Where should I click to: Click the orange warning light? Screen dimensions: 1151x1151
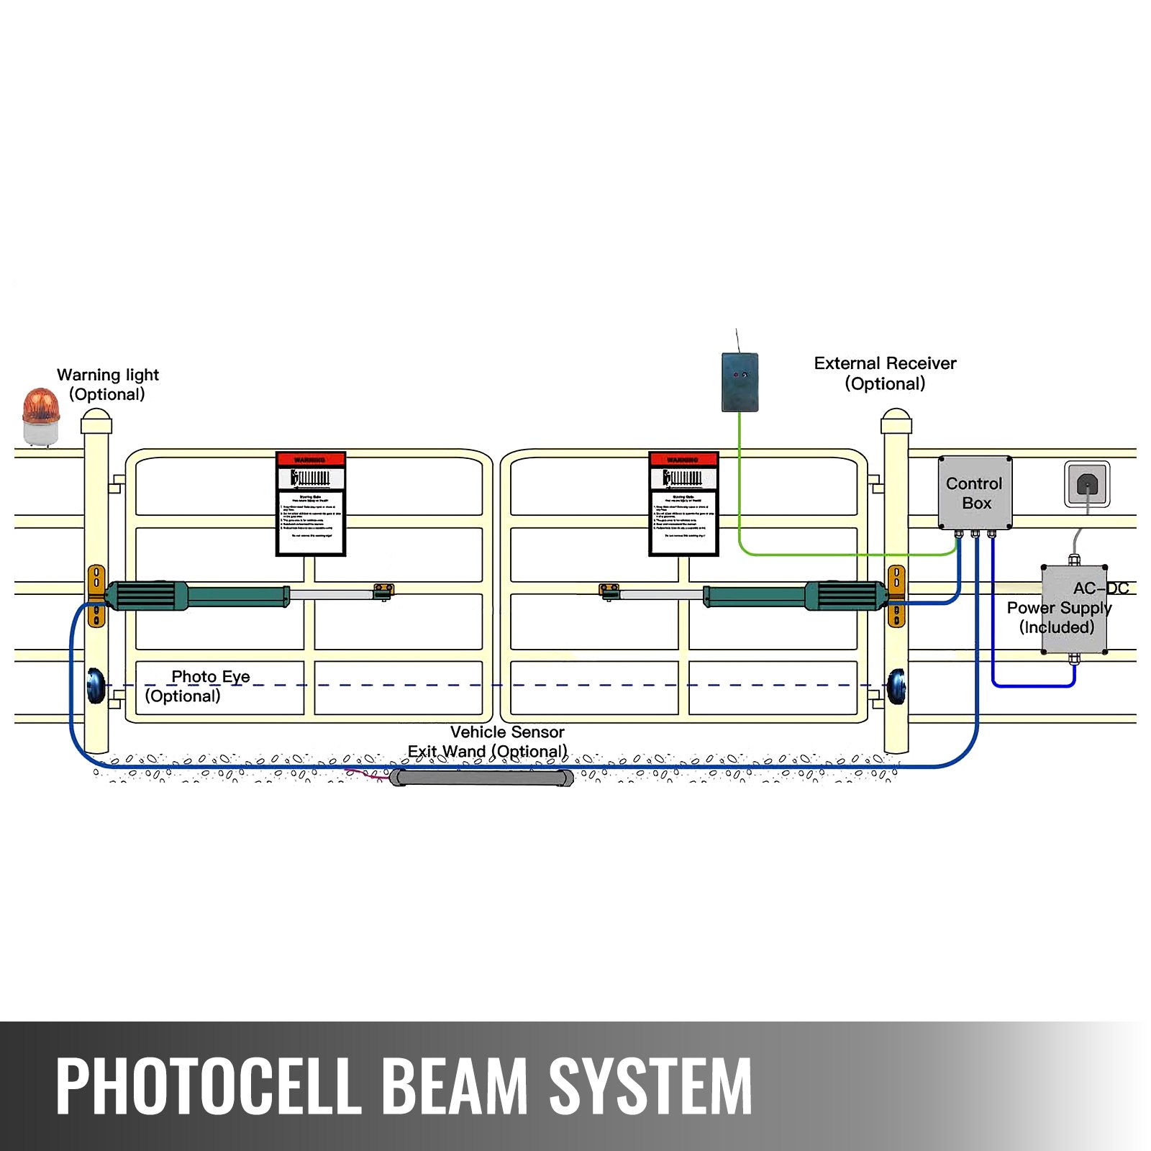(x=40, y=416)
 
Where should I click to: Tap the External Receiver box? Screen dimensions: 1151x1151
(x=740, y=382)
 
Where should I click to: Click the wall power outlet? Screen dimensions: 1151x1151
(x=1086, y=485)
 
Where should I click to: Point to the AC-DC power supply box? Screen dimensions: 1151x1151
(x=1073, y=609)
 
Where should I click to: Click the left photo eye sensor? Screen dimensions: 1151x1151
(x=96, y=686)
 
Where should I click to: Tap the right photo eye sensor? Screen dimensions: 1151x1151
(x=896, y=686)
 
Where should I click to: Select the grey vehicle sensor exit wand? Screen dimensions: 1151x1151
(x=481, y=778)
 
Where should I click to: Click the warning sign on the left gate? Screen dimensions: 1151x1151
(x=311, y=504)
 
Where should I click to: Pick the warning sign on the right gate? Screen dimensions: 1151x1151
(x=683, y=504)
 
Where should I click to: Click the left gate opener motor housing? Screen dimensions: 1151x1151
(x=144, y=596)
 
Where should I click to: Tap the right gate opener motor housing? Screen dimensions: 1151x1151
(x=845, y=596)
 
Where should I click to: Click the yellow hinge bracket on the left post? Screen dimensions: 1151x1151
(x=96, y=596)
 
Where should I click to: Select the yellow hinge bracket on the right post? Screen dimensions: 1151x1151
(x=896, y=596)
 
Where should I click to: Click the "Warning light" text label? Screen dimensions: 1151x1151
(x=108, y=375)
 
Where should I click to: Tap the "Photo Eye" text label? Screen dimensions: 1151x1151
(x=210, y=677)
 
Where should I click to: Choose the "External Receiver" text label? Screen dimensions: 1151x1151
(x=885, y=363)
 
